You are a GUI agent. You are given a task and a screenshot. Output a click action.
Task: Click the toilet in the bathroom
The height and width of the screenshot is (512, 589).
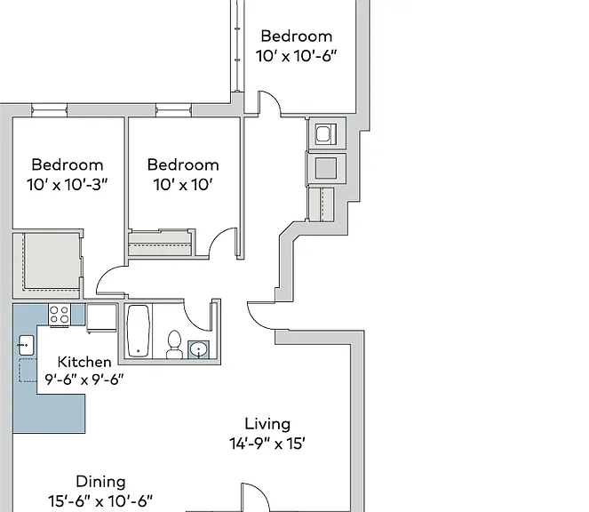pyautogui.click(x=174, y=344)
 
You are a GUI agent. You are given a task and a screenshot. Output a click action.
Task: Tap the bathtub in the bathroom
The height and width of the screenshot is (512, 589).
pyautogui.click(x=139, y=331)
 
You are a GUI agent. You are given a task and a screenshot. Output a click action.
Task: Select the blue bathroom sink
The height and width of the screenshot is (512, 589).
pyautogui.click(x=198, y=350)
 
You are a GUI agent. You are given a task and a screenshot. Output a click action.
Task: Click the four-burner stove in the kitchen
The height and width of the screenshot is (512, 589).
pyautogui.click(x=60, y=315)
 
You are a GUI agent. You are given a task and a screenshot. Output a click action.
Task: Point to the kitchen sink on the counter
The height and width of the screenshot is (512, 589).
pyautogui.click(x=26, y=345)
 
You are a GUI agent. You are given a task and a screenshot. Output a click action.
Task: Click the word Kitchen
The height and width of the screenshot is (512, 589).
pyautogui.click(x=84, y=362)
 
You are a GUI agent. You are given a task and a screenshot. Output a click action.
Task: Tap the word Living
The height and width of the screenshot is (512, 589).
pyautogui.click(x=267, y=424)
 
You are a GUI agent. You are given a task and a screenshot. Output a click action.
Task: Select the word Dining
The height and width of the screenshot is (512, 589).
pyautogui.click(x=100, y=482)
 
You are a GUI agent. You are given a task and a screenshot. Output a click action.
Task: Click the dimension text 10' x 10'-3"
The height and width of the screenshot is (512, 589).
pyautogui.click(x=68, y=185)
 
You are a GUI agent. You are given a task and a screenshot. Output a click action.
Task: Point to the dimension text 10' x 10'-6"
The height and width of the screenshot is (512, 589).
pyautogui.click(x=296, y=56)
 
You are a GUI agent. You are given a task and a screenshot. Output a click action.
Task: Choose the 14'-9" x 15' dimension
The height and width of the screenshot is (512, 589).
pyautogui.click(x=267, y=444)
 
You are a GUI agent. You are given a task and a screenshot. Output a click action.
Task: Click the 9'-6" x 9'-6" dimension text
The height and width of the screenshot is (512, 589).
pyautogui.click(x=84, y=380)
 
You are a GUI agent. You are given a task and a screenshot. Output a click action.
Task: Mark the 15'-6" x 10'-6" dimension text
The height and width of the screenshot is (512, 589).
pyautogui.click(x=100, y=501)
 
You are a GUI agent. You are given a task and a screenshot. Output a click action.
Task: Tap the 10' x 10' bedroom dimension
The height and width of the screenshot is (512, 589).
pyautogui.click(x=183, y=185)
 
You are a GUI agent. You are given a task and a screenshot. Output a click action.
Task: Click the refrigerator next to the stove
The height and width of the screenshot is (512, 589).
pyautogui.click(x=101, y=318)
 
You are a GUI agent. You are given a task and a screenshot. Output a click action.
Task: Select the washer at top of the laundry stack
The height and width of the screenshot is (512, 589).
pyautogui.click(x=326, y=134)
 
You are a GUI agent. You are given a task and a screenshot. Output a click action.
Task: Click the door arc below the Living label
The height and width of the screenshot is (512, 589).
pyautogui.click(x=260, y=492)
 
